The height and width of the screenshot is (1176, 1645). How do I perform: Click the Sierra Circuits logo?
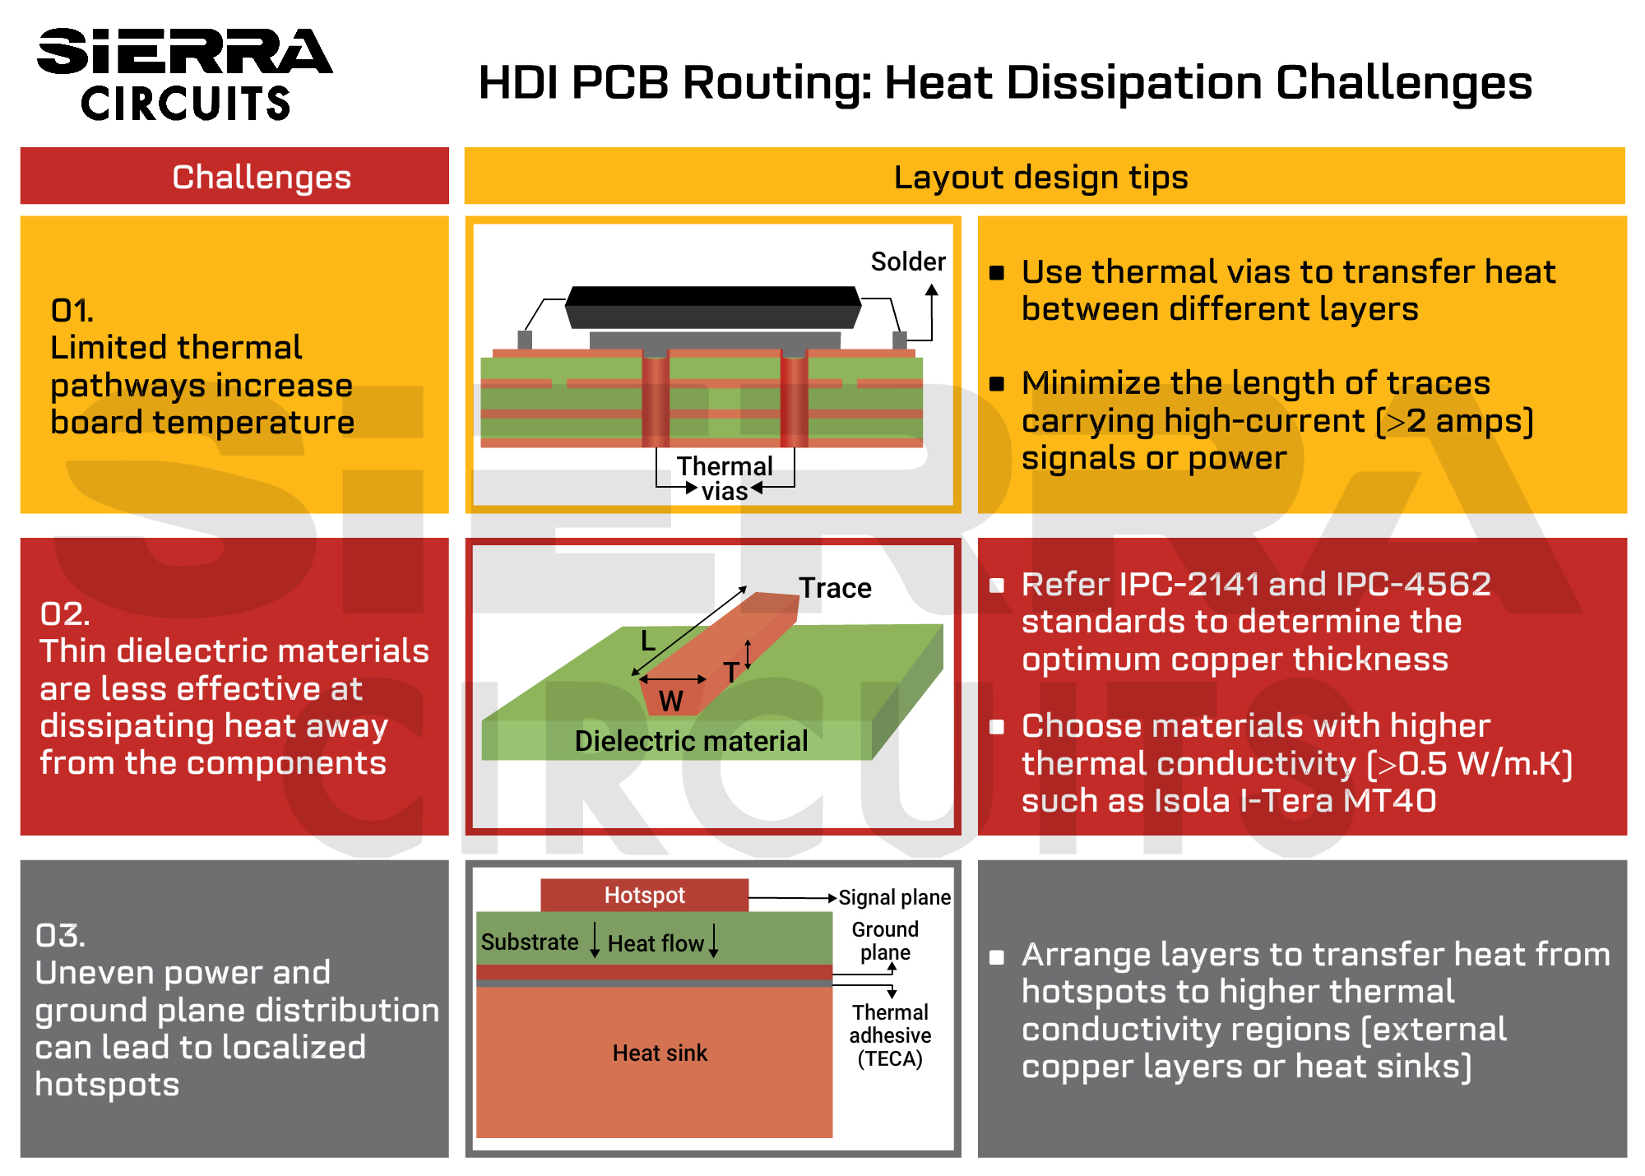[184, 75]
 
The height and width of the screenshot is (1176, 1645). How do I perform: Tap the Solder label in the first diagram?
[908, 262]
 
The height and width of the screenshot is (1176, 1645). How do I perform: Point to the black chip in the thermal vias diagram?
[713, 307]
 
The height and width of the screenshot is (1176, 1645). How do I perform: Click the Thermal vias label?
[724, 478]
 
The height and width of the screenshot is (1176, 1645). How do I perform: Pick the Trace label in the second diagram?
[835, 588]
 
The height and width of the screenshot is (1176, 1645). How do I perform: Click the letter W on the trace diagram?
[670, 701]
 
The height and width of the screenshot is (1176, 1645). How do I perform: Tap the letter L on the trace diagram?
[648, 641]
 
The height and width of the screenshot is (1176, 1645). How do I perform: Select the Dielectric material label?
[691, 741]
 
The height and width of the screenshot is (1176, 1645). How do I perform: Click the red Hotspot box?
[644, 895]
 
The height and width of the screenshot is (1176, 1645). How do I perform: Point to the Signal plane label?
[894, 897]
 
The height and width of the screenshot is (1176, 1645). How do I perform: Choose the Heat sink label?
[660, 1053]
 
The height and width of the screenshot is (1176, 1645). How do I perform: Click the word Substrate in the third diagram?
[530, 942]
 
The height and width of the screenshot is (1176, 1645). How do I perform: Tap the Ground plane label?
[885, 941]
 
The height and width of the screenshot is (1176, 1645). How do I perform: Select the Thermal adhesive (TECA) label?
[890, 1035]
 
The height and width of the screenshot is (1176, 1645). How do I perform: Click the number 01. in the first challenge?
[72, 311]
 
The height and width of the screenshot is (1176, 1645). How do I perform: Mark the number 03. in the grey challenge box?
[60, 935]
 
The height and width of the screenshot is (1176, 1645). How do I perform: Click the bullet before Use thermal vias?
[997, 273]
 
